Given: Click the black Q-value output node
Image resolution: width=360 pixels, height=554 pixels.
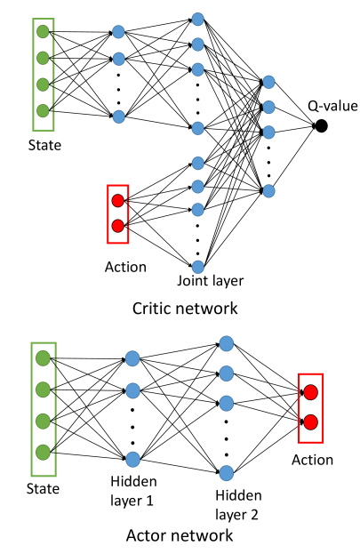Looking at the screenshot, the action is pyautogui.click(x=321, y=125).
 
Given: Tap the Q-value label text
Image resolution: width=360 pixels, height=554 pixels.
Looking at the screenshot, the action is pyautogui.click(x=332, y=106).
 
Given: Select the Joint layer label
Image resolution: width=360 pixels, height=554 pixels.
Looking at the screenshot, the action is pyautogui.click(x=210, y=281).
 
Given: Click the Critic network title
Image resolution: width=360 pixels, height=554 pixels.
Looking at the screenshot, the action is pyautogui.click(x=185, y=308).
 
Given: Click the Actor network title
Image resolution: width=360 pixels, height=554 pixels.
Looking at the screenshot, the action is pyautogui.click(x=180, y=535).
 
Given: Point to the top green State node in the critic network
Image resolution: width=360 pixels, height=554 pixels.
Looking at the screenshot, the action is pyautogui.click(x=43, y=32).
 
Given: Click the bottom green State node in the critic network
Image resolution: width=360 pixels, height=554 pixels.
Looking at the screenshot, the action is pyautogui.click(x=43, y=110).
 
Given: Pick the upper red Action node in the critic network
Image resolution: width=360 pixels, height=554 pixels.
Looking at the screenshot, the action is pyautogui.click(x=118, y=201).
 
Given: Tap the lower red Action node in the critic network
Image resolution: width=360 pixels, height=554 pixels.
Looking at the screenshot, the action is pyautogui.click(x=118, y=225).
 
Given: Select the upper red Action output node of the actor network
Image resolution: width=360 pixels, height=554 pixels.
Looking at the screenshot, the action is pyautogui.click(x=310, y=392).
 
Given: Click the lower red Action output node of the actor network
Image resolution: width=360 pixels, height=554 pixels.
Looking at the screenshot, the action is pyautogui.click(x=310, y=422).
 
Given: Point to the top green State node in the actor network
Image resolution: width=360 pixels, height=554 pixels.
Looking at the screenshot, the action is pyautogui.click(x=43, y=358).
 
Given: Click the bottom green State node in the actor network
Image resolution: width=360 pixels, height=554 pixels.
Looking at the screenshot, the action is pyautogui.click(x=43, y=452).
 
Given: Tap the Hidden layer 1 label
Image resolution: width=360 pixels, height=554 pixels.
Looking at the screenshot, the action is pyautogui.click(x=133, y=491).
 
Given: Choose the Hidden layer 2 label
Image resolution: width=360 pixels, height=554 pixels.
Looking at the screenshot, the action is pyautogui.click(x=238, y=505).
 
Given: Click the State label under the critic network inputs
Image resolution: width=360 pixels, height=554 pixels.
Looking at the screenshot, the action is pyautogui.click(x=44, y=145).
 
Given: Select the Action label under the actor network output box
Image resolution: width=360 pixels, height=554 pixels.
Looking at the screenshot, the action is pyautogui.click(x=312, y=460).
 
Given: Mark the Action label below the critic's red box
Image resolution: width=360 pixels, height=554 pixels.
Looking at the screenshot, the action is pyautogui.click(x=125, y=267).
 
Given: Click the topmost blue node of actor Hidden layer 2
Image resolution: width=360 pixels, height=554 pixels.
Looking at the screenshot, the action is pyautogui.click(x=227, y=344).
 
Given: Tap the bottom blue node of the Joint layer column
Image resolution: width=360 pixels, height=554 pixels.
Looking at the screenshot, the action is pyautogui.click(x=198, y=267).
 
